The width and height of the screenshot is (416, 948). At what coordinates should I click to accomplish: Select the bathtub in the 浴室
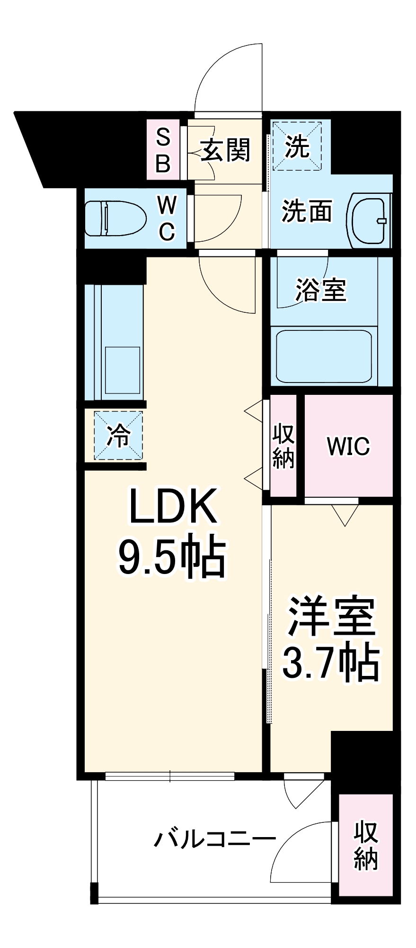(324, 356)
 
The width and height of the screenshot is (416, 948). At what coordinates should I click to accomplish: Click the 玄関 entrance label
(226, 151)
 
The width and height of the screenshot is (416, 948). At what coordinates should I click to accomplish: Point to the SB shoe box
(163, 150)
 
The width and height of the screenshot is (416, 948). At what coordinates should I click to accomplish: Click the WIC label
(348, 446)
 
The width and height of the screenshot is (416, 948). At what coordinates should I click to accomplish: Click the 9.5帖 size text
(171, 556)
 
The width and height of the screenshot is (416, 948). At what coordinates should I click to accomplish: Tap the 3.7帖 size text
(331, 662)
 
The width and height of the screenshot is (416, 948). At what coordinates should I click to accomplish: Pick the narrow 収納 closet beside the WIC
(283, 446)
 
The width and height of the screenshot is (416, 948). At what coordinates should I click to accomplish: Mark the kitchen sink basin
(122, 370)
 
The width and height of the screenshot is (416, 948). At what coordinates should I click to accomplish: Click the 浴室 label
(321, 289)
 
